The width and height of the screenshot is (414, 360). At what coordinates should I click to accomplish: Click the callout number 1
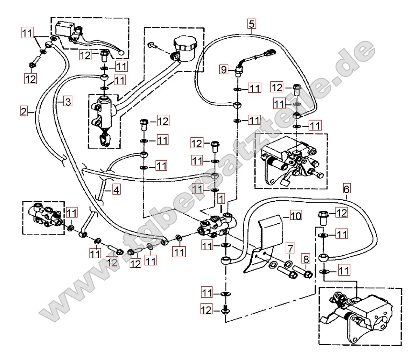(221, 198)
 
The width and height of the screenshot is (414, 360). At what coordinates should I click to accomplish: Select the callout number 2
(24, 111)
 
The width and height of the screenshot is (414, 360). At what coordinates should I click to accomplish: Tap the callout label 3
(68, 101)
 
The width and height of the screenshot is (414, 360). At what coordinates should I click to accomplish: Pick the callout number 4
(116, 190)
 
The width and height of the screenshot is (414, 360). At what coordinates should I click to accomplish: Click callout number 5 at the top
(252, 24)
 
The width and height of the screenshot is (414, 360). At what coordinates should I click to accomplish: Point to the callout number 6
(347, 189)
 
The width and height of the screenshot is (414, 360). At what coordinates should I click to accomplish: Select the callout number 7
(290, 248)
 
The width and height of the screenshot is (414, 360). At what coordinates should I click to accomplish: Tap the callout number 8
(306, 259)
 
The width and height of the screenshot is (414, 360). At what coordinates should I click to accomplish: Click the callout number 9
(224, 69)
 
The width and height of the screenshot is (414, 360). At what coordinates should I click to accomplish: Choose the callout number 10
(296, 216)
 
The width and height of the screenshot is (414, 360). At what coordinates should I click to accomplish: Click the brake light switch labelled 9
(240, 71)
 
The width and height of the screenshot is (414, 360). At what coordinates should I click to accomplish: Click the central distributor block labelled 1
(217, 225)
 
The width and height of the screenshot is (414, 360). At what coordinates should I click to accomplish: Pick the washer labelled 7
(288, 263)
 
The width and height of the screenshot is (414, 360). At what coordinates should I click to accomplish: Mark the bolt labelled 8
(303, 272)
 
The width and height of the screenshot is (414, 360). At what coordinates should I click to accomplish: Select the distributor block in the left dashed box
(45, 216)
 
